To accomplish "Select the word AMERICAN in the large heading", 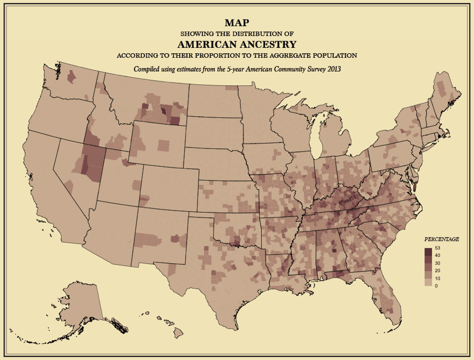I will [x=207, y=44].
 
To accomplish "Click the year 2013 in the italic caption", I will [x=333, y=69].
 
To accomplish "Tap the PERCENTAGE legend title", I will [x=442, y=239].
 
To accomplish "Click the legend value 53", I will [x=438, y=248].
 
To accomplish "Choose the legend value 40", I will [x=438, y=255].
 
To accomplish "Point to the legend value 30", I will [x=438, y=263].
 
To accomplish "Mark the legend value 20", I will [x=438, y=270].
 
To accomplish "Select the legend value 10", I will [x=438, y=277].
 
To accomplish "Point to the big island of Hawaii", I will [x=178, y=333].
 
